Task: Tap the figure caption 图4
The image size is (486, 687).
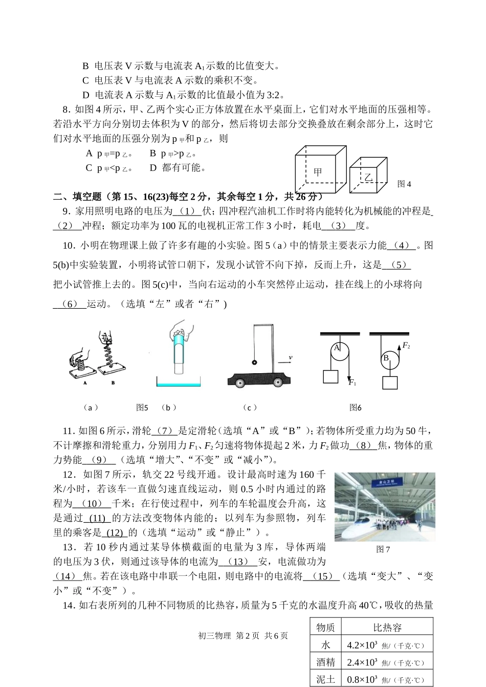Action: pos(404,184)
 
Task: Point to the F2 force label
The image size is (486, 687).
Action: pos(406,346)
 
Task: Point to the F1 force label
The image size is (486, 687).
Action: pos(352,382)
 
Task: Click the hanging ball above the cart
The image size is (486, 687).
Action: pos(254,362)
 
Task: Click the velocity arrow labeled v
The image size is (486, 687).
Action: pos(284,362)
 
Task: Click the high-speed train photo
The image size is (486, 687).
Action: pos(385,507)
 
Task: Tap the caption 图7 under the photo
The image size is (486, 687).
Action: pos(383,549)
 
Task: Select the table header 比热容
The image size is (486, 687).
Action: pos(387,627)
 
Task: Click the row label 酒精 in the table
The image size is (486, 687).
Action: pos(325,662)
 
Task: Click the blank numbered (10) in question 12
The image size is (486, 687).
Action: pos(92,503)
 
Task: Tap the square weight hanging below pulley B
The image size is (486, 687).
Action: pos(390,383)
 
